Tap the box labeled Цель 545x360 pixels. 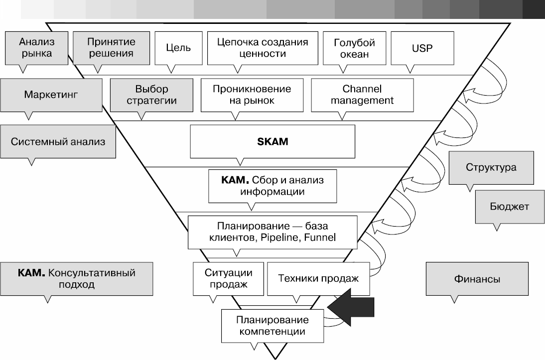pos(178,48)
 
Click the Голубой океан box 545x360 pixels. pos(354,48)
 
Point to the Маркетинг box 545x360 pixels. pos(51,94)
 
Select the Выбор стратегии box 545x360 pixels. pos(151,95)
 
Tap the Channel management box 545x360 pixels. pos(362,95)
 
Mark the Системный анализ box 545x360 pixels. pos(58,141)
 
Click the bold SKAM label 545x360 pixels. pos(272,141)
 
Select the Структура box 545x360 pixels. pos(491,167)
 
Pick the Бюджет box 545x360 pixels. pos(509,206)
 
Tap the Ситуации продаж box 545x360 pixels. pos(228,279)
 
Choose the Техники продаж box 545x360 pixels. pos(318,279)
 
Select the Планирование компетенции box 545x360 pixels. pos(272,325)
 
